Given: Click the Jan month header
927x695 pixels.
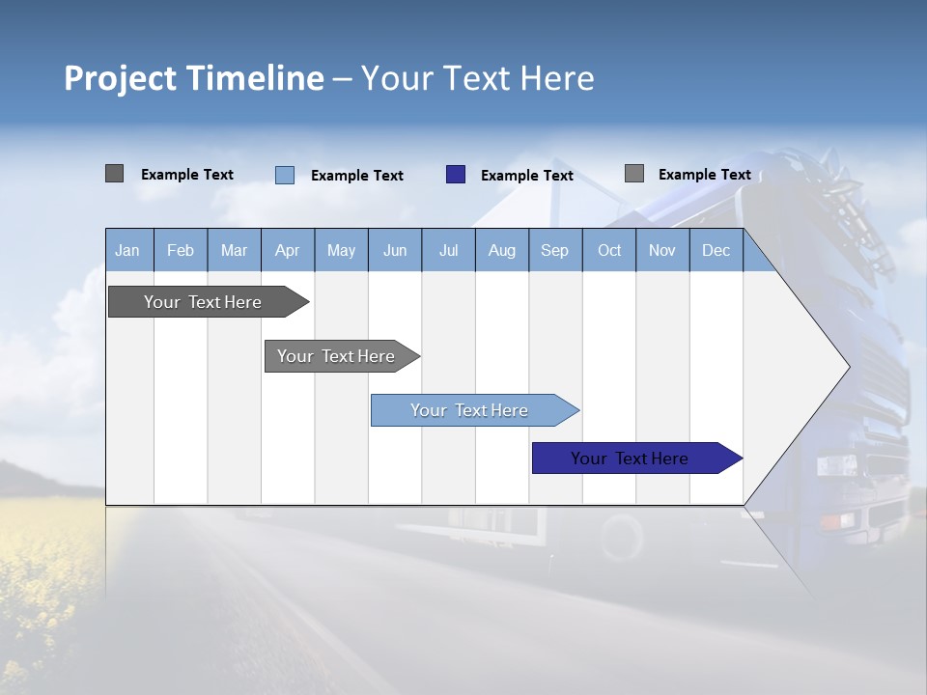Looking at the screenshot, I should point(127,251).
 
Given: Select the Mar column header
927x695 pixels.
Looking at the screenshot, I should point(234,251).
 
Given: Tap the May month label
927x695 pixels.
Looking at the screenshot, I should point(341,251).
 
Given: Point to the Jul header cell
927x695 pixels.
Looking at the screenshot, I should point(448,251).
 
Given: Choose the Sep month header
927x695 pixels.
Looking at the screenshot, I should point(554,251).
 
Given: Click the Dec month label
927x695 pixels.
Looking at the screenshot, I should point(716,251).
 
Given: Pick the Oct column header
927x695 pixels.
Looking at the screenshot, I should point(609,251).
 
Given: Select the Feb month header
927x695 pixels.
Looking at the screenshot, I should point(181,251).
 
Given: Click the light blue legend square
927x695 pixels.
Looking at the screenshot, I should point(285,175).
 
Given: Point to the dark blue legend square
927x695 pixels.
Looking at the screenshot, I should point(456,175).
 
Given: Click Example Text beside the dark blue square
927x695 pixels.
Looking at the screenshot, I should point(526,176).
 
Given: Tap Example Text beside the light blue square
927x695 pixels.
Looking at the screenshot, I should point(356,176).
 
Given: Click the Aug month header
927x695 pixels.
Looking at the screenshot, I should point(501,251).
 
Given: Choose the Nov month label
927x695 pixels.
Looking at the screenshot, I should point(662,251).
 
